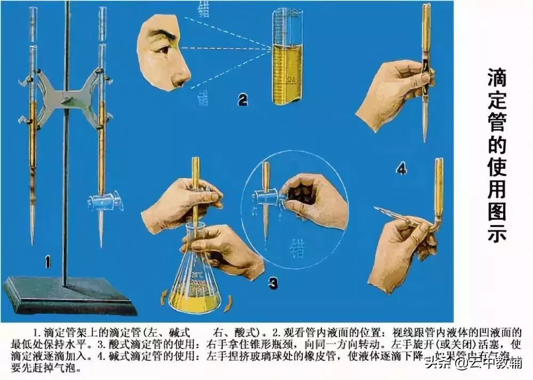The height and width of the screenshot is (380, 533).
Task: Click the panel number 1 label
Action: click(49, 262)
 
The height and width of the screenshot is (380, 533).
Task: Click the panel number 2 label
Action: click(243, 99)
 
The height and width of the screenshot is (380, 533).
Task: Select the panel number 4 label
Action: click(401, 170)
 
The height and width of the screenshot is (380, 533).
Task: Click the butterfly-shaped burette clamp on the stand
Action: click(67, 99)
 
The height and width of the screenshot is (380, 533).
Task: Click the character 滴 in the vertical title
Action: click(496, 79)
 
